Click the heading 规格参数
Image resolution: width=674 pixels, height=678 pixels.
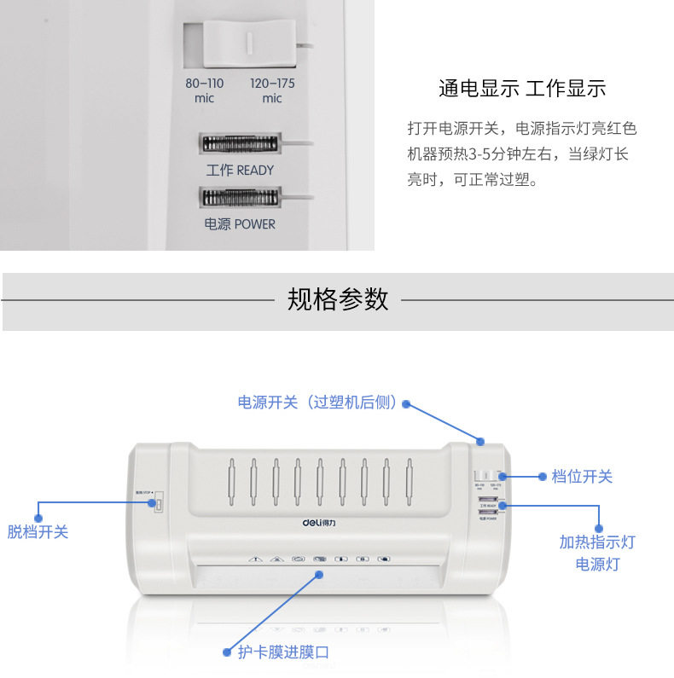338,299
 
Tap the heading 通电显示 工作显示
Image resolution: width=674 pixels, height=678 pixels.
521,88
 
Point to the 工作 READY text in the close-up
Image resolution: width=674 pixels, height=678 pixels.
240,170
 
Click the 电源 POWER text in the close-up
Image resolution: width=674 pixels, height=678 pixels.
240,223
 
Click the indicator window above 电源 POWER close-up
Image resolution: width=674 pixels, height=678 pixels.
240,198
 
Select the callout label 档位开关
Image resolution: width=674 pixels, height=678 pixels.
582,477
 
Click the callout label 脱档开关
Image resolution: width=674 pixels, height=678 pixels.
38,532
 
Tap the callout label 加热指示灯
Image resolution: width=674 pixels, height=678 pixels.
597,542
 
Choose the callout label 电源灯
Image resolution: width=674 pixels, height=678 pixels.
597,565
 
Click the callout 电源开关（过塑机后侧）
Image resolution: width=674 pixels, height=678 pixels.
317,403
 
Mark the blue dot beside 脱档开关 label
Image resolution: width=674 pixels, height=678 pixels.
38,517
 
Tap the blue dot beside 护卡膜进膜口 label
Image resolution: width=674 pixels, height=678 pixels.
227,652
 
